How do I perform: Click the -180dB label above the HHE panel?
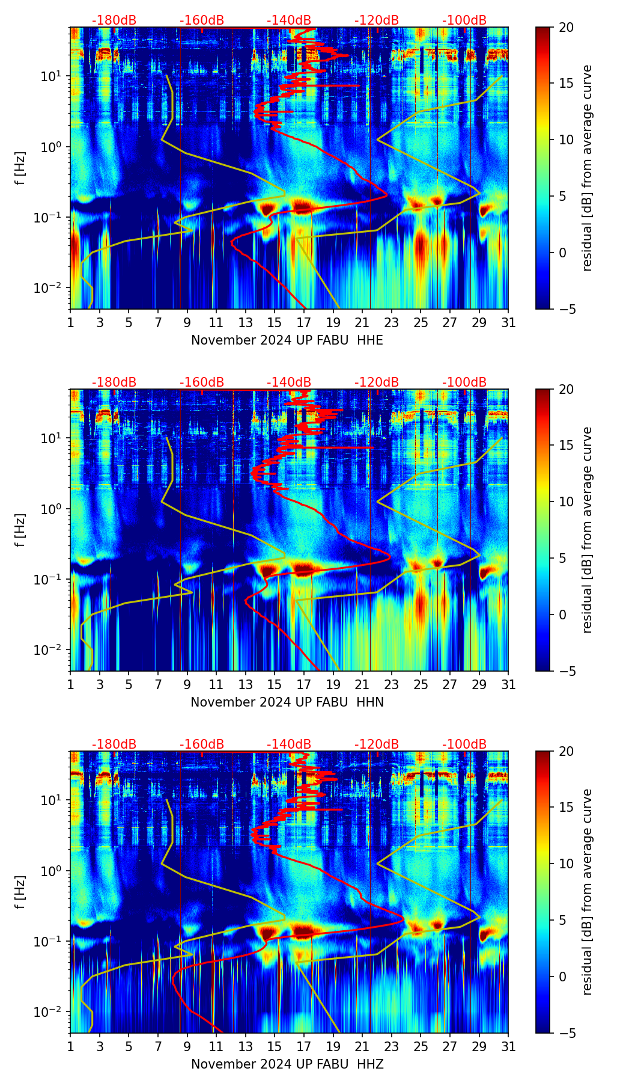114,20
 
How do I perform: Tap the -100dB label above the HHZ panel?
464,744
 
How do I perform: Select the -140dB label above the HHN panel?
289,382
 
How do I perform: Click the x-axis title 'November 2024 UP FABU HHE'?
287,340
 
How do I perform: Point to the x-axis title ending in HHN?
287,702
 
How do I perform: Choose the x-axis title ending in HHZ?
287,1064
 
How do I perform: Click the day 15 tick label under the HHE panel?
275,323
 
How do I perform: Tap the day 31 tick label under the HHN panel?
508,685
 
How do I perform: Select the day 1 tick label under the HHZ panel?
70,1047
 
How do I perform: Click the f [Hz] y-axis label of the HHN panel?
20,530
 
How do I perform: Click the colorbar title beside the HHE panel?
587,168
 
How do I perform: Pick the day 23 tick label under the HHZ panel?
392,1047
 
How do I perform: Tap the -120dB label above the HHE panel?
377,20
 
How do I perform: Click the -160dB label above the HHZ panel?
202,744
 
